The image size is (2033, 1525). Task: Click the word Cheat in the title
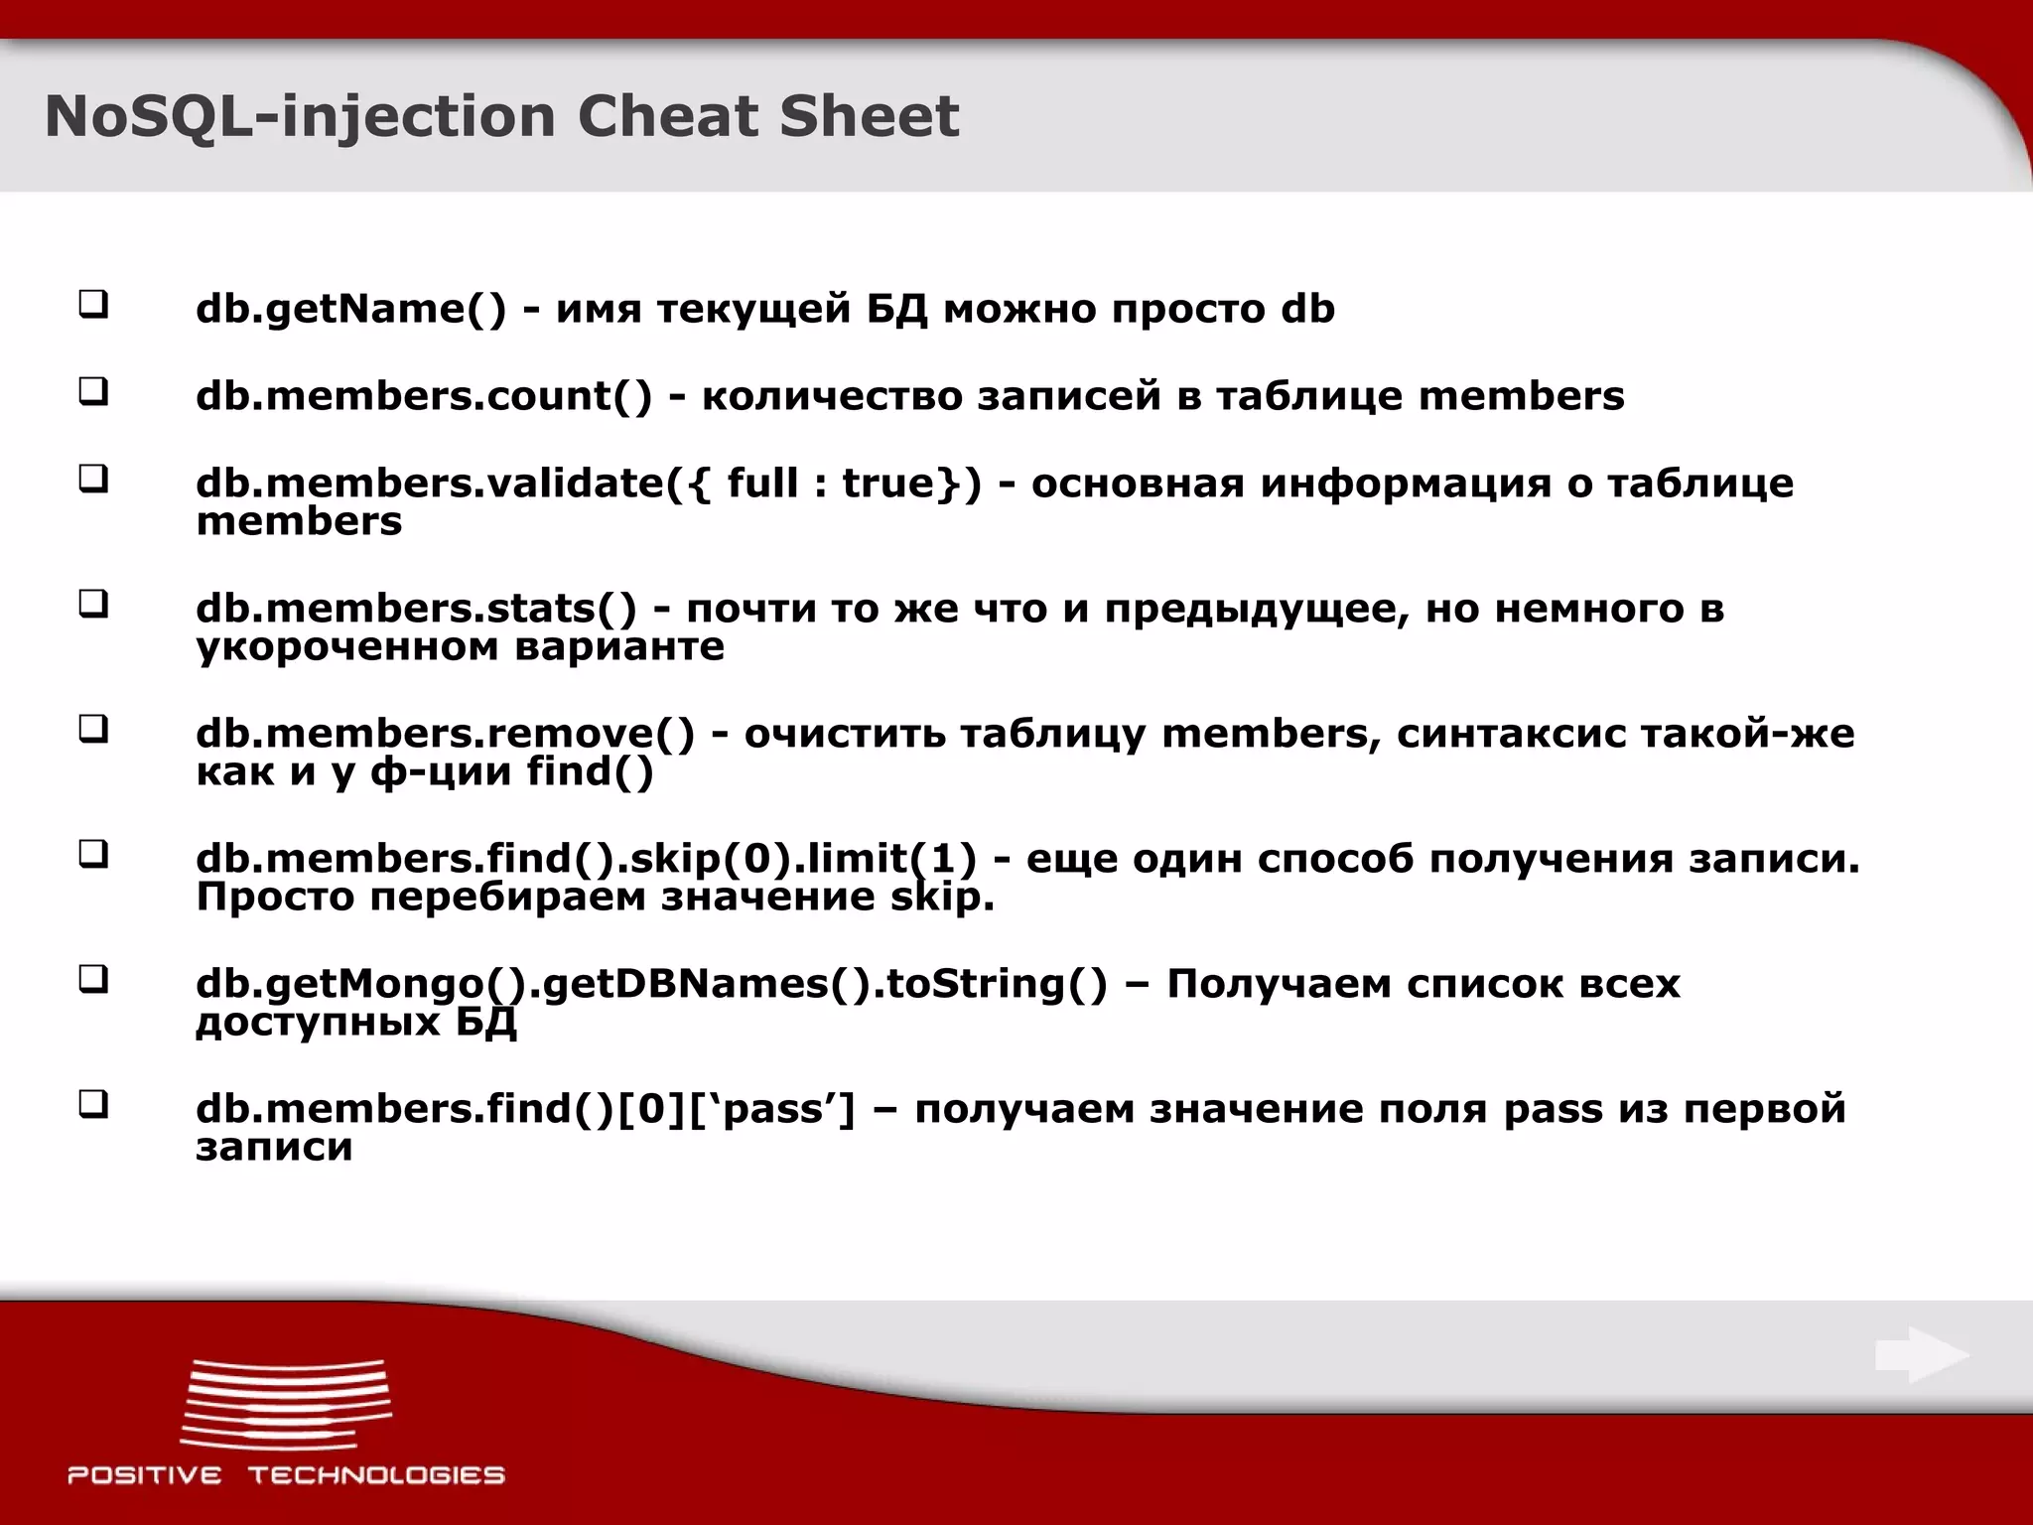coord(668,116)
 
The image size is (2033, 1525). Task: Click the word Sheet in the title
coord(869,116)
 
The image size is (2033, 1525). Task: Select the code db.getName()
coord(350,310)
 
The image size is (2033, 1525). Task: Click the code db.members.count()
coord(424,396)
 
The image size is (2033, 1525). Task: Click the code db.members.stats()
coord(416,609)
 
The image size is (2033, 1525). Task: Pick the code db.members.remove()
coord(446,734)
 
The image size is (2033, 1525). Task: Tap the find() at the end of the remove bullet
coord(590,772)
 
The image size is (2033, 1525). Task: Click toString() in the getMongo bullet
coord(997,984)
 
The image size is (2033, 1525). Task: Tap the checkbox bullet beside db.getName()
coord(93,304)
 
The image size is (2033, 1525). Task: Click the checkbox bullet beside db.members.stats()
coord(93,604)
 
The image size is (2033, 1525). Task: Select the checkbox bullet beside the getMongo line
coord(93,980)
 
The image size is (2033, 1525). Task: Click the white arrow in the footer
coord(1922,1355)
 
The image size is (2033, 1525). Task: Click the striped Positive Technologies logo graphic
coord(286,1403)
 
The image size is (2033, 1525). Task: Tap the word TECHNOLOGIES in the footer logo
coord(376,1475)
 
